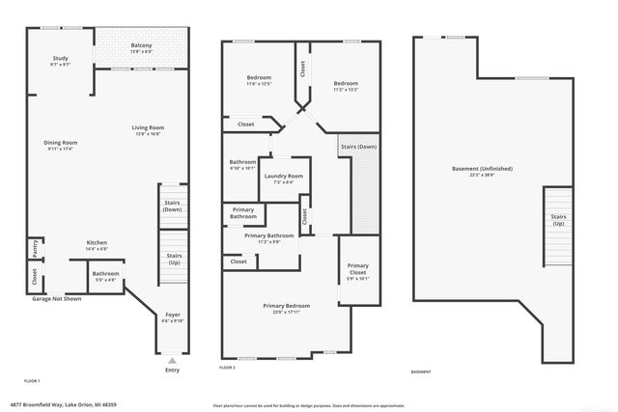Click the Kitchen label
coord(97,244)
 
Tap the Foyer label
coord(173,316)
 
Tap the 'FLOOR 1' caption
coord(33,382)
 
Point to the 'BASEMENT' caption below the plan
coord(421,371)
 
